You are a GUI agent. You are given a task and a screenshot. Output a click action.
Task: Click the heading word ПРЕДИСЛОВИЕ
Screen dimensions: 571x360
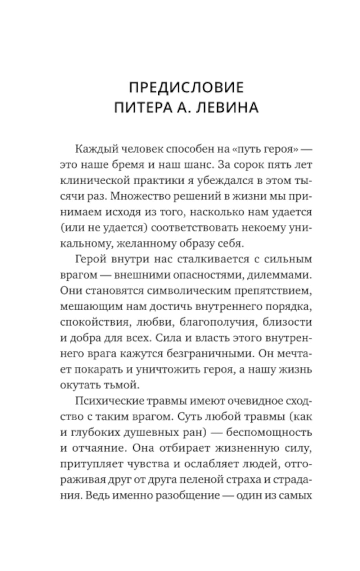point(186,88)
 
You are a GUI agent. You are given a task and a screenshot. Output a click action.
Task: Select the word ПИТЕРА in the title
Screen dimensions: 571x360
point(142,108)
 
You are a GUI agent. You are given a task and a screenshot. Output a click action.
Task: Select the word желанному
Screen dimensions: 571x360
point(148,244)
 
